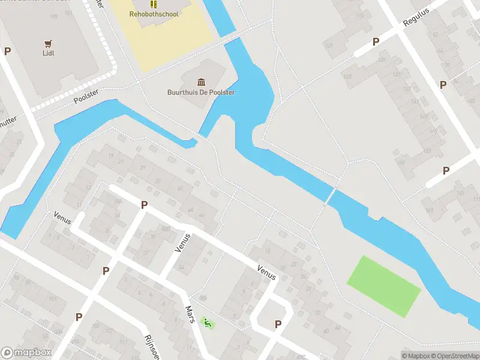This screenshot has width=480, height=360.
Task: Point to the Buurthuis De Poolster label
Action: (200, 92)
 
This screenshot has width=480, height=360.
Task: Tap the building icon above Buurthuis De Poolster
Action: (200, 82)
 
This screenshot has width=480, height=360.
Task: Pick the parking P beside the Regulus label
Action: (376, 41)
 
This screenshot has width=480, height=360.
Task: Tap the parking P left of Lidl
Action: (7, 51)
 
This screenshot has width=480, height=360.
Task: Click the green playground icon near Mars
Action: (208, 323)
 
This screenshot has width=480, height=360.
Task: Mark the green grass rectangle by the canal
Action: (384, 286)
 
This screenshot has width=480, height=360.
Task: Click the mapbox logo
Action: (26, 353)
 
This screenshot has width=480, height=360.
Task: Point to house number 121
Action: (328, 46)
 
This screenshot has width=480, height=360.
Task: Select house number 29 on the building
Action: (143, 167)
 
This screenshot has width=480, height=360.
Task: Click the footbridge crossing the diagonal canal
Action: (330, 195)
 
